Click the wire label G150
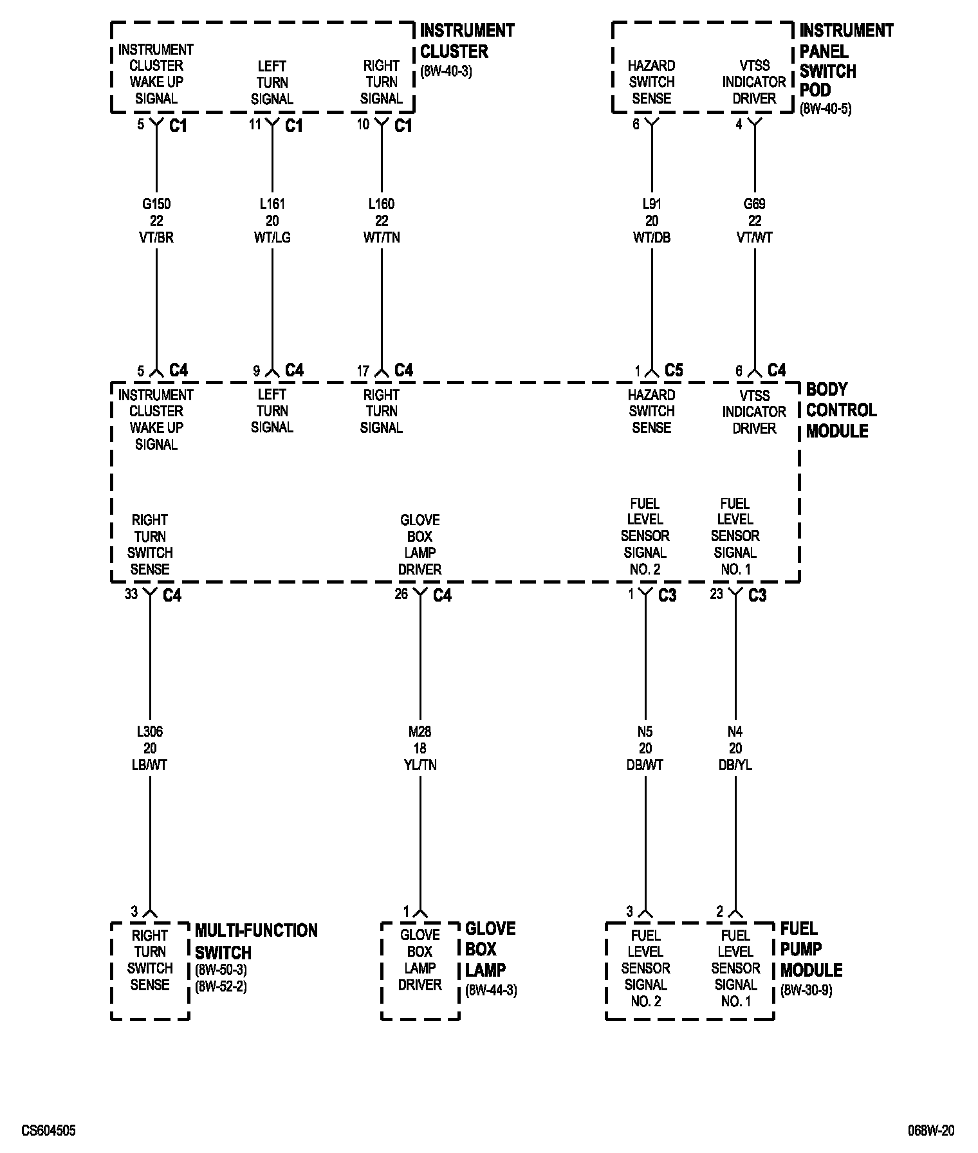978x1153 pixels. tap(156, 205)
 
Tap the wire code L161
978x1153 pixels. tap(272, 205)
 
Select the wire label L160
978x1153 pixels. tap(382, 205)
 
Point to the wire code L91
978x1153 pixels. tap(652, 205)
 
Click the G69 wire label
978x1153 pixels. tap(755, 205)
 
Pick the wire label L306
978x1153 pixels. tap(150, 732)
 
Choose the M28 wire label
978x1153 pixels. tap(420, 732)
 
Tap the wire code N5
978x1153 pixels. tap(645, 732)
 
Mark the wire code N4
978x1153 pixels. tap(735, 732)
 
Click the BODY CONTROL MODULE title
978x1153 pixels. tap(841, 410)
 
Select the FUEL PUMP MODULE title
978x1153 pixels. tap(811, 949)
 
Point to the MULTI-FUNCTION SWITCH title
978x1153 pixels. tap(255, 941)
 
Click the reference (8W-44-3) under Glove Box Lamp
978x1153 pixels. tap(490, 991)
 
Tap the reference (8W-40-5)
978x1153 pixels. tap(826, 109)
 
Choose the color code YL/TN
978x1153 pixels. tap(420, 765)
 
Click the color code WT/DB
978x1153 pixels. tap(652, 237)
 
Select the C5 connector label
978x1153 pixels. tap(674, 371)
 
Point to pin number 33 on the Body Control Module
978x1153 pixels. tap(131, 594)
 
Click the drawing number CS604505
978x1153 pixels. tap(48, 1130)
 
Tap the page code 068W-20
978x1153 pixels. tap(931, 1130)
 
